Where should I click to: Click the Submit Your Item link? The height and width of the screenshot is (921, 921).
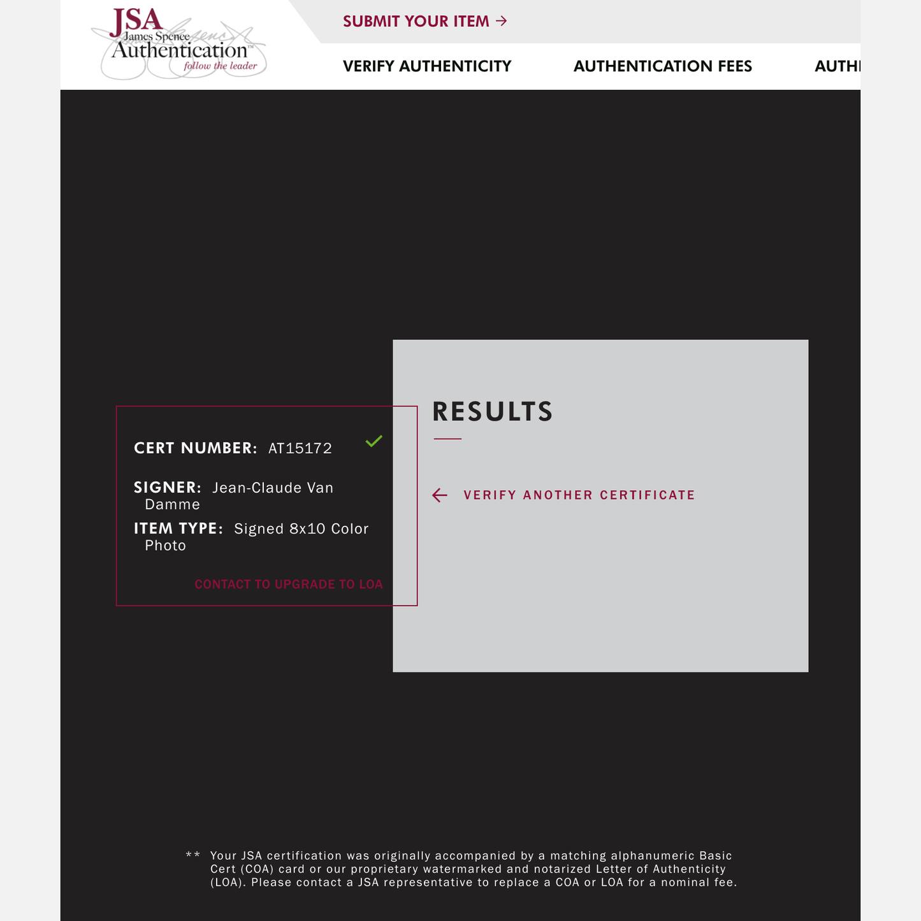(x=416, y=22)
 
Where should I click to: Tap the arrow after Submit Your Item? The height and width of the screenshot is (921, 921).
(x=502, y=21)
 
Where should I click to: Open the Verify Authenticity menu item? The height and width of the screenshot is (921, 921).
(x=427, y=66)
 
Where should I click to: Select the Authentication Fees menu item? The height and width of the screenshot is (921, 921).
(x=662, y=66)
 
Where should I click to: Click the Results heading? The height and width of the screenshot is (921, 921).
(x=492, y=412)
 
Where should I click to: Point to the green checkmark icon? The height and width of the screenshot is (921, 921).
(x=374, y=440)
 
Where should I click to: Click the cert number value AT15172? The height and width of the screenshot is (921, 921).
(x=300, y=449)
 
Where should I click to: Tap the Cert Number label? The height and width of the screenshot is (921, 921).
(x=195, y=448)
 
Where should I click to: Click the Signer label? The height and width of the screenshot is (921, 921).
(x=167, y=488)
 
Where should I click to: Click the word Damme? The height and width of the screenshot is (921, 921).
(x=172, y=505)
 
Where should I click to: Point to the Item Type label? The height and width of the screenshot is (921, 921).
(x=178, y=529)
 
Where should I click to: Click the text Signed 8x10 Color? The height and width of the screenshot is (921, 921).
(x=301, y=529)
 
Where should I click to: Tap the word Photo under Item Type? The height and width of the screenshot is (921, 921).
(x=165, y=546)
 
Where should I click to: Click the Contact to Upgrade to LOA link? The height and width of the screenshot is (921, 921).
(x=289, y=584)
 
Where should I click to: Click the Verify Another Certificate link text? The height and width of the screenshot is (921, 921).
(x=579, y=495)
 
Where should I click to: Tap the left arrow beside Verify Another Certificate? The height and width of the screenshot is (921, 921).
(x=440, y=495)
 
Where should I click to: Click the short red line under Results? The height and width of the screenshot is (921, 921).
(x=447, y=439)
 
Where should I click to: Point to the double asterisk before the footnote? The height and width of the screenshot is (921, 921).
(x=192, y=855)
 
